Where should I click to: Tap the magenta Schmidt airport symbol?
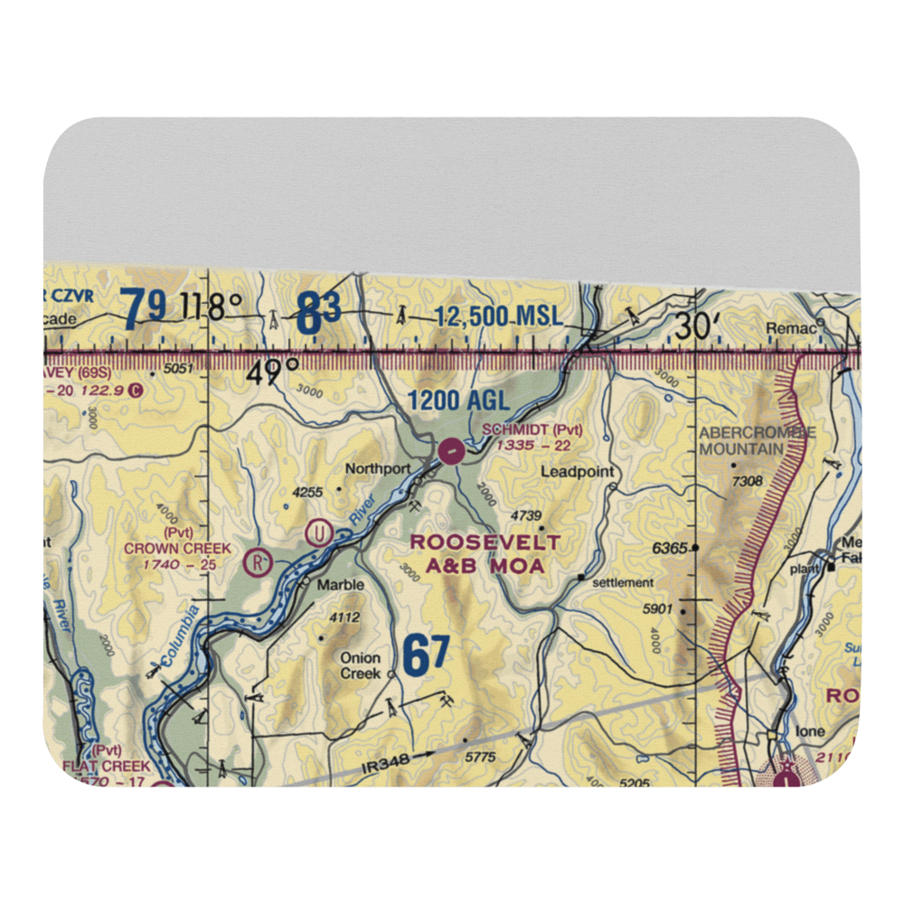(x=450, y=449)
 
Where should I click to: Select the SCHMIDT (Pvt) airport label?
(x=532, y=429)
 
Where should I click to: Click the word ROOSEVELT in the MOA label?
(x=485, y=542)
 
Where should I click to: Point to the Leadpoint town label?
(x=577, y=472)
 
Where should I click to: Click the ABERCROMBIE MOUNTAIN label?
(x=757, y=440)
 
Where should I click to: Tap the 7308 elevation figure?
(x=748, y=481)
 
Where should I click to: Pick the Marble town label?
(x=340, y=585)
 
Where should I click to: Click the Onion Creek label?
(x=360, y=665)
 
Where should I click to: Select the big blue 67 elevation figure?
(x=426, y=655)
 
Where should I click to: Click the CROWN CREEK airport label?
(x=178, y=549)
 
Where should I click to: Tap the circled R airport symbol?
(x=259, y=562)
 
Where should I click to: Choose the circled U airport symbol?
(x=317, y=532)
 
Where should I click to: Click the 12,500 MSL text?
(x=498, y=317)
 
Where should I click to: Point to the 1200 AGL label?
(x=457, y=400)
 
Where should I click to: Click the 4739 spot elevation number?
(x=525, y=515)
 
